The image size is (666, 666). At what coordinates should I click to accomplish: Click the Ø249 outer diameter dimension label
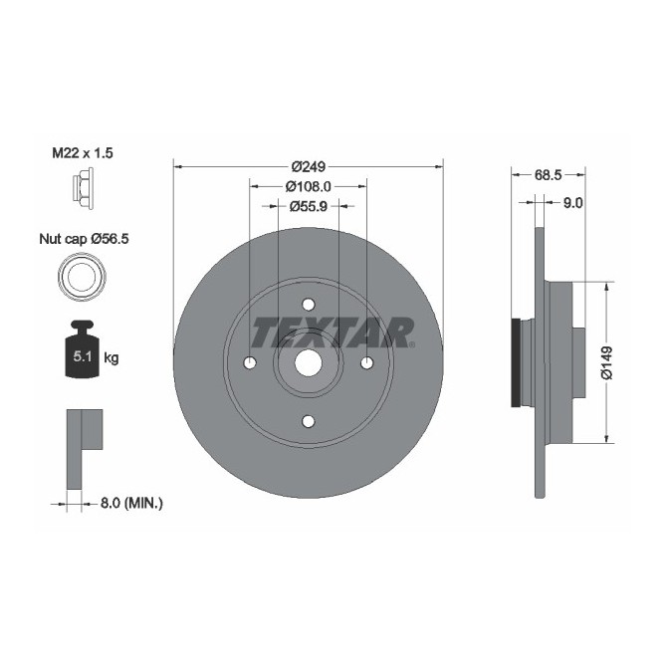[308, 167]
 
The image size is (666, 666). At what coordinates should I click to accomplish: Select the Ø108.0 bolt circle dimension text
[308, 187]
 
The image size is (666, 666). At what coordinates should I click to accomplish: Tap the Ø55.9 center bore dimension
[308, 206]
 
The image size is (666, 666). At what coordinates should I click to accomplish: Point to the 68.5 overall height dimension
[549, 174]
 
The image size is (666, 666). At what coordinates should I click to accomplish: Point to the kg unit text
[111, 358]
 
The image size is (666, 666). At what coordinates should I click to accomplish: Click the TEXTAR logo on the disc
[332, 331]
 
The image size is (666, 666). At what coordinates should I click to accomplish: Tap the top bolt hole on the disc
[308, 305]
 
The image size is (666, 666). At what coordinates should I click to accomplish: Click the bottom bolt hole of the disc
[308, 420]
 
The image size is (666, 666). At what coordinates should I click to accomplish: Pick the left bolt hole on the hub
[250, 362]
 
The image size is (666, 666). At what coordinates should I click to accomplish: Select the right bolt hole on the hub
[365, 362]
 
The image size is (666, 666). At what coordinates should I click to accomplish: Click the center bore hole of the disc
[308, 363]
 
